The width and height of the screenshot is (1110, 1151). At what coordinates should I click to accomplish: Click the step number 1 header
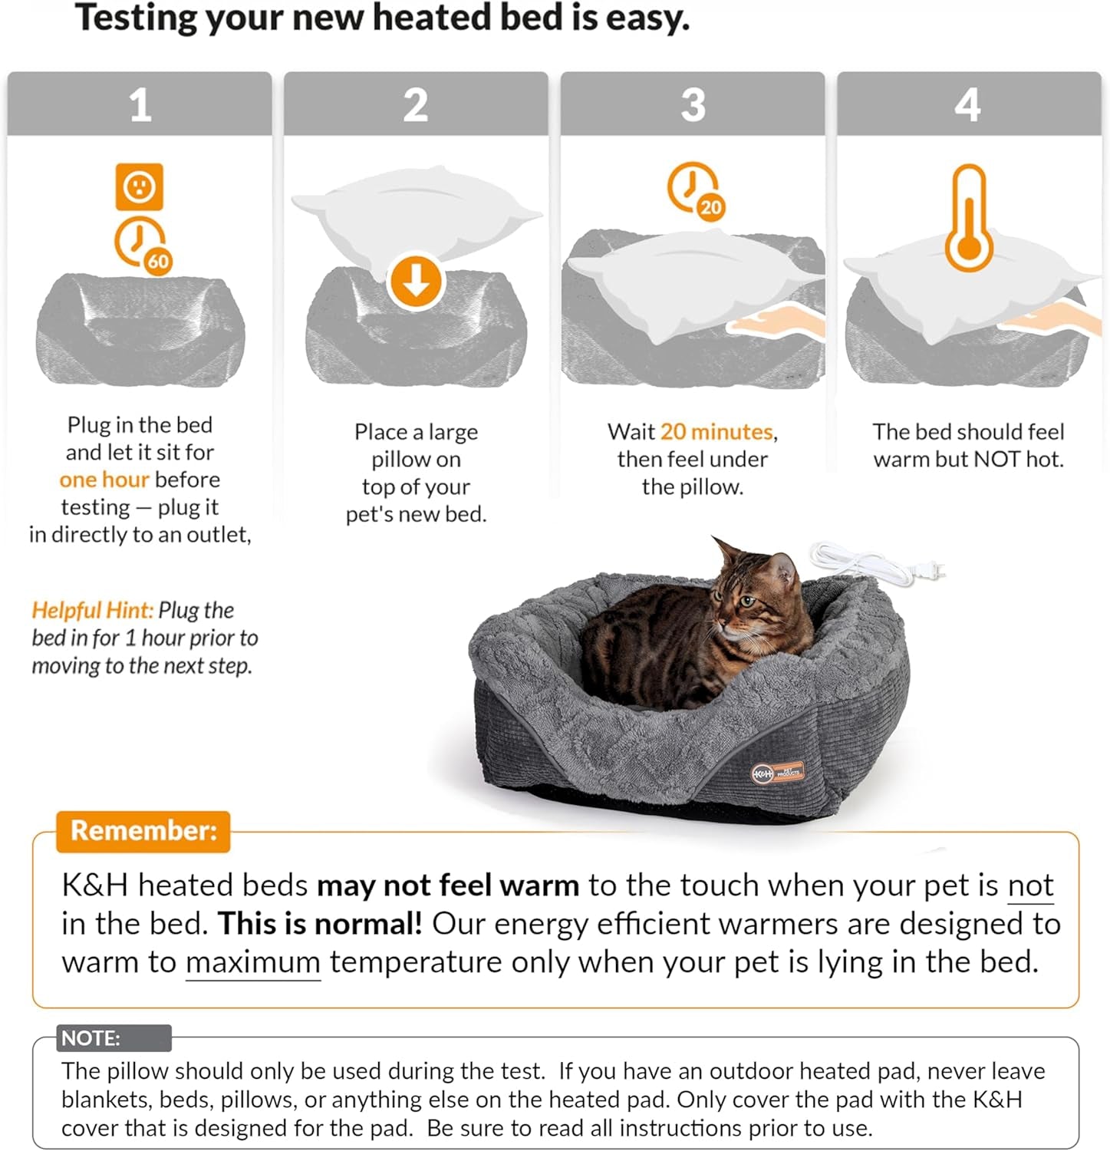[x=140, y=104]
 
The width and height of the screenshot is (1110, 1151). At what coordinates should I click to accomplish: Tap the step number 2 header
[x=416, y=104]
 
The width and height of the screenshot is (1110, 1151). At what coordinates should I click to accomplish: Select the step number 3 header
[x=693, y=104]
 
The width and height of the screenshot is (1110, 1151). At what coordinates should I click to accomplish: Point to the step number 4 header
[x=968, y=104]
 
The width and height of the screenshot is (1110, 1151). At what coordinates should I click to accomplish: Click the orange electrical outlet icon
[x=139, y=186]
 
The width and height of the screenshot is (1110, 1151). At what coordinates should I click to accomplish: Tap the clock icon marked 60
[x=143, y=245]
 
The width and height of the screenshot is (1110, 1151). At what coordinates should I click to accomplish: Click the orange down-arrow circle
[x=416, y=282]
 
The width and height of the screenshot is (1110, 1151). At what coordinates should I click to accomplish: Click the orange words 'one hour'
[x=104, y=480]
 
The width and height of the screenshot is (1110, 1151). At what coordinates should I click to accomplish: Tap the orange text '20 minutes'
[x=716, y=432]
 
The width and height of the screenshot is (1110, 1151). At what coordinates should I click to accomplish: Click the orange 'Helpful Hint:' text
[x=92, y=611]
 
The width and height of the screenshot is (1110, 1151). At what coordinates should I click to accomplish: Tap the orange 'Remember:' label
[x=143, y=831]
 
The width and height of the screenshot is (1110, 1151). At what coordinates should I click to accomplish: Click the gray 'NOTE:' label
[x=91, y=1038]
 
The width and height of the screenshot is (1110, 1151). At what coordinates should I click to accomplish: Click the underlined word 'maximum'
[x=252, y=962]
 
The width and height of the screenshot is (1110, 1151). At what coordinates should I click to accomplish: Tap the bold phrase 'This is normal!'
[x=320, y=924]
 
